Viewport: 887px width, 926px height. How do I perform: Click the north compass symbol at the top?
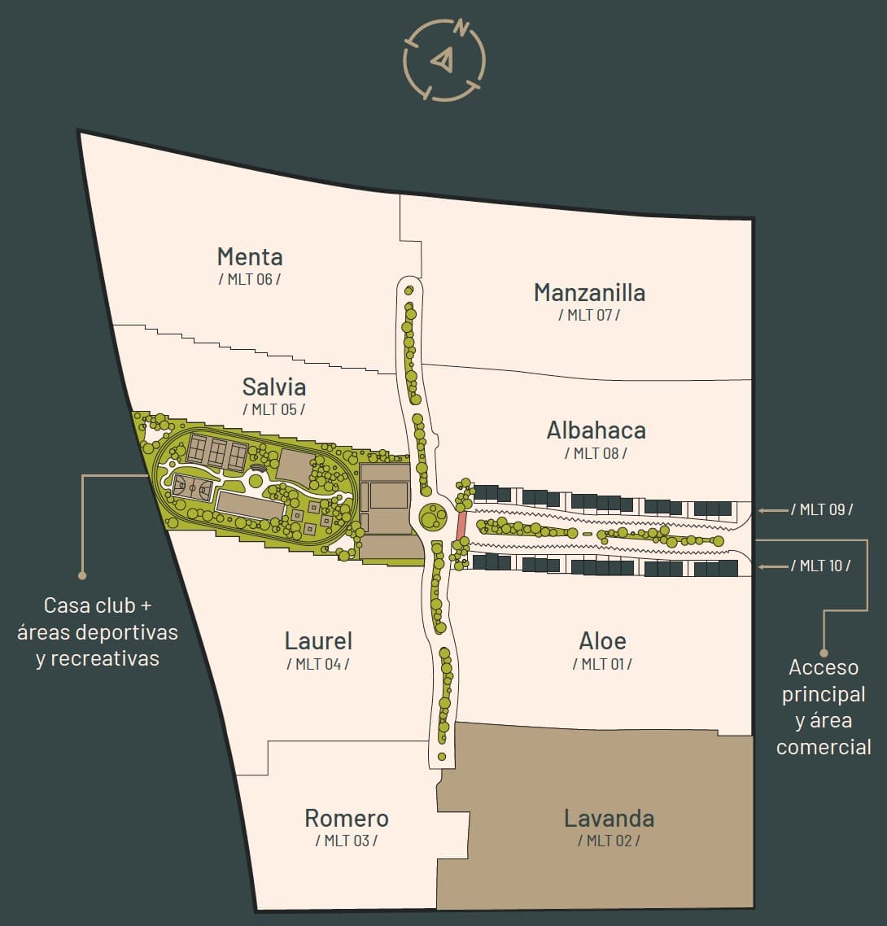(x=444, y=59)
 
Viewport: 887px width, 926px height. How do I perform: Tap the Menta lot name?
(x=250, y=257)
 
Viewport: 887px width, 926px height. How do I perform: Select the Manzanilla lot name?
(x=589, y=292)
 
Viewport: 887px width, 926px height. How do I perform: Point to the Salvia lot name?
(x=273, y=386)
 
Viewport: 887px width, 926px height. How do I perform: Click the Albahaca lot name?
(x=596, y=430)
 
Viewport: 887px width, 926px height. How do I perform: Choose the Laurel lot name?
(x=318, y=640)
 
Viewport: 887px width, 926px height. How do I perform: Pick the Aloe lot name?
(x=602, y=640)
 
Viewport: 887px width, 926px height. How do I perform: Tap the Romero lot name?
(x=347, y=818)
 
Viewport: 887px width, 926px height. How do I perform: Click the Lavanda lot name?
(x=609, y=818)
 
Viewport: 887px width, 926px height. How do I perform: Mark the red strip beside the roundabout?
(x=461, y=525)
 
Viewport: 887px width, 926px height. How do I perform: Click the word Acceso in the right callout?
(x=824, y=668)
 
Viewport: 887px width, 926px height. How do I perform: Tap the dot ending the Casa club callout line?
(x=82, y=575)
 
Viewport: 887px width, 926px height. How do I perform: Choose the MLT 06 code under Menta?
(x=250, y=279)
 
